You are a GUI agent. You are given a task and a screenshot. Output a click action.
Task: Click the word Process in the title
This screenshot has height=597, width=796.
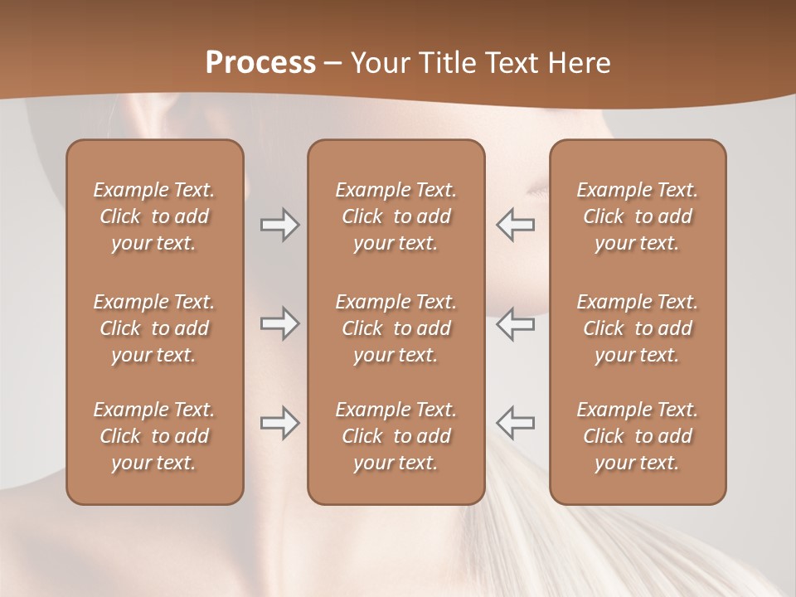260,63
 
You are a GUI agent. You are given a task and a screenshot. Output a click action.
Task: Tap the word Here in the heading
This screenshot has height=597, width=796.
579,63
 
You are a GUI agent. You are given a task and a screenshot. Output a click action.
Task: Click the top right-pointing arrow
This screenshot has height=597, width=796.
279,225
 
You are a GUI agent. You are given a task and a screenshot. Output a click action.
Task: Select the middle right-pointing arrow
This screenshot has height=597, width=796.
279,323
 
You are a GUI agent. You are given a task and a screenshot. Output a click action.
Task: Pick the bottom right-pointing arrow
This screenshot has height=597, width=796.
279,423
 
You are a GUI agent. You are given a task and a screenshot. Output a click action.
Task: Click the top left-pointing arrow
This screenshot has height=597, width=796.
516,225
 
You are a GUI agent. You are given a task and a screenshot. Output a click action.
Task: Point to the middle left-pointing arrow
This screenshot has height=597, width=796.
516,323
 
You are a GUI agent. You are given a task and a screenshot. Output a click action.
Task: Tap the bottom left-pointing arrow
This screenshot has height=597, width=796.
516,423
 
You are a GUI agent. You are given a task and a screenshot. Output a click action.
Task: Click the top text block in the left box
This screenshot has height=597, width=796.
154,216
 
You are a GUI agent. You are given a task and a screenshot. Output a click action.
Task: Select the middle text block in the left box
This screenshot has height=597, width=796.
154,328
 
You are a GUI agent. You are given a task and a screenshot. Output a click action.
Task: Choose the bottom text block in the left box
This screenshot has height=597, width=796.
154,436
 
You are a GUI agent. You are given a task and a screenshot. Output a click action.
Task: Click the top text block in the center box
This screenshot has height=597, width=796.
396,216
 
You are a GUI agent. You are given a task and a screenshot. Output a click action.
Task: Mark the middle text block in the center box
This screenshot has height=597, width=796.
396,328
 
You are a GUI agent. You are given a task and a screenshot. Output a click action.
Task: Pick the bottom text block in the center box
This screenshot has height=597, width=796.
396,436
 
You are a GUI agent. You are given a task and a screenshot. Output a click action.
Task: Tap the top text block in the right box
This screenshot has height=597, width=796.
638,216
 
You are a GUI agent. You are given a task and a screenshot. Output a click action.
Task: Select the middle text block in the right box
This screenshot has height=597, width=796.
638,328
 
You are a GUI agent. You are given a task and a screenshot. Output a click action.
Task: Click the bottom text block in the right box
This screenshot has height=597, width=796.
638,436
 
